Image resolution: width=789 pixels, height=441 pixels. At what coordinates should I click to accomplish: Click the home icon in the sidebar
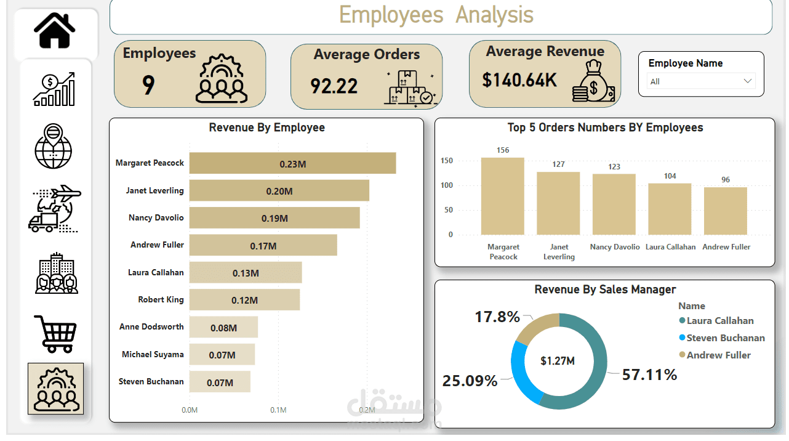55,31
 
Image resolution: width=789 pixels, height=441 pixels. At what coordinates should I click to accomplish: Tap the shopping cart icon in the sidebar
56,333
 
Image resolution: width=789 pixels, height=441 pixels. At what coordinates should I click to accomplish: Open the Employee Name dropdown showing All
701,81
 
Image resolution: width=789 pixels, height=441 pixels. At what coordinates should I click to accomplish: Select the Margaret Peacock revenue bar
292,163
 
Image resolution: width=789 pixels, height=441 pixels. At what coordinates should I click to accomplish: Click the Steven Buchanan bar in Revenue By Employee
220,382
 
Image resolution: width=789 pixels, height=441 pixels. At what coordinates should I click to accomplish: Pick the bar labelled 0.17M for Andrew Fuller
263,245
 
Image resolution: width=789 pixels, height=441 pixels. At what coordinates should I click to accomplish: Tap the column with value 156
503,196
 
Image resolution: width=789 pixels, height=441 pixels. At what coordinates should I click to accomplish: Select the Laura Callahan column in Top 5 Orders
670,209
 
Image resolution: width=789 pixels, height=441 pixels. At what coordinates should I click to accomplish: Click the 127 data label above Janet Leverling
558,164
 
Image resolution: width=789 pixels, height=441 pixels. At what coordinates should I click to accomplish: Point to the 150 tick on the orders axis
446,161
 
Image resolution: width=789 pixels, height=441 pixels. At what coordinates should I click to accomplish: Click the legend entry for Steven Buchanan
725,338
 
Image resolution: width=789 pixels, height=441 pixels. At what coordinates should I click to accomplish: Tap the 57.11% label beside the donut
649,374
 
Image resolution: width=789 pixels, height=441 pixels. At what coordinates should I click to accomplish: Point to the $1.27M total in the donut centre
558,361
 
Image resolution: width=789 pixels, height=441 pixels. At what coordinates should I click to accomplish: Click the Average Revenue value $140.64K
519,80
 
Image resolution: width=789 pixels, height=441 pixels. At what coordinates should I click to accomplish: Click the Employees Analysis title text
436,15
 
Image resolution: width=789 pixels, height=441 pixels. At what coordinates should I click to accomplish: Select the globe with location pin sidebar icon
54,147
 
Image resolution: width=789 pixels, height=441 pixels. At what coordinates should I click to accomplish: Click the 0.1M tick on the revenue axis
278,410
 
